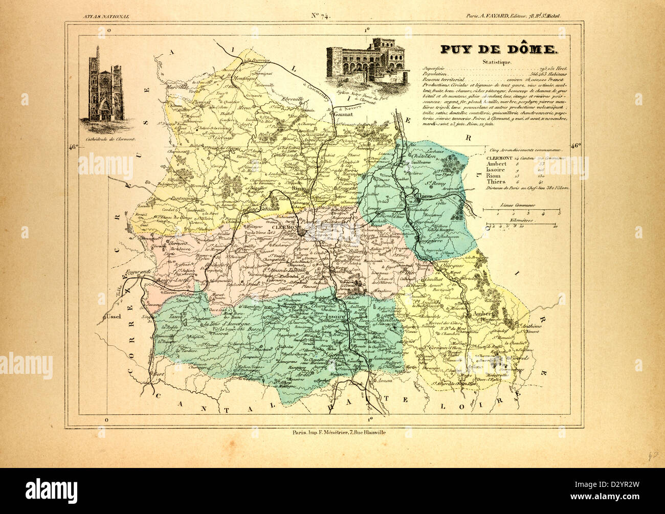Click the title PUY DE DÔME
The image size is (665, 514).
click(492, 50)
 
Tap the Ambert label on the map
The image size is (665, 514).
click(483, 314)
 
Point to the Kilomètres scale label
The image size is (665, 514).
click(518, 219)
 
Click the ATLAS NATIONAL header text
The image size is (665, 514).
click(106, 16)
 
